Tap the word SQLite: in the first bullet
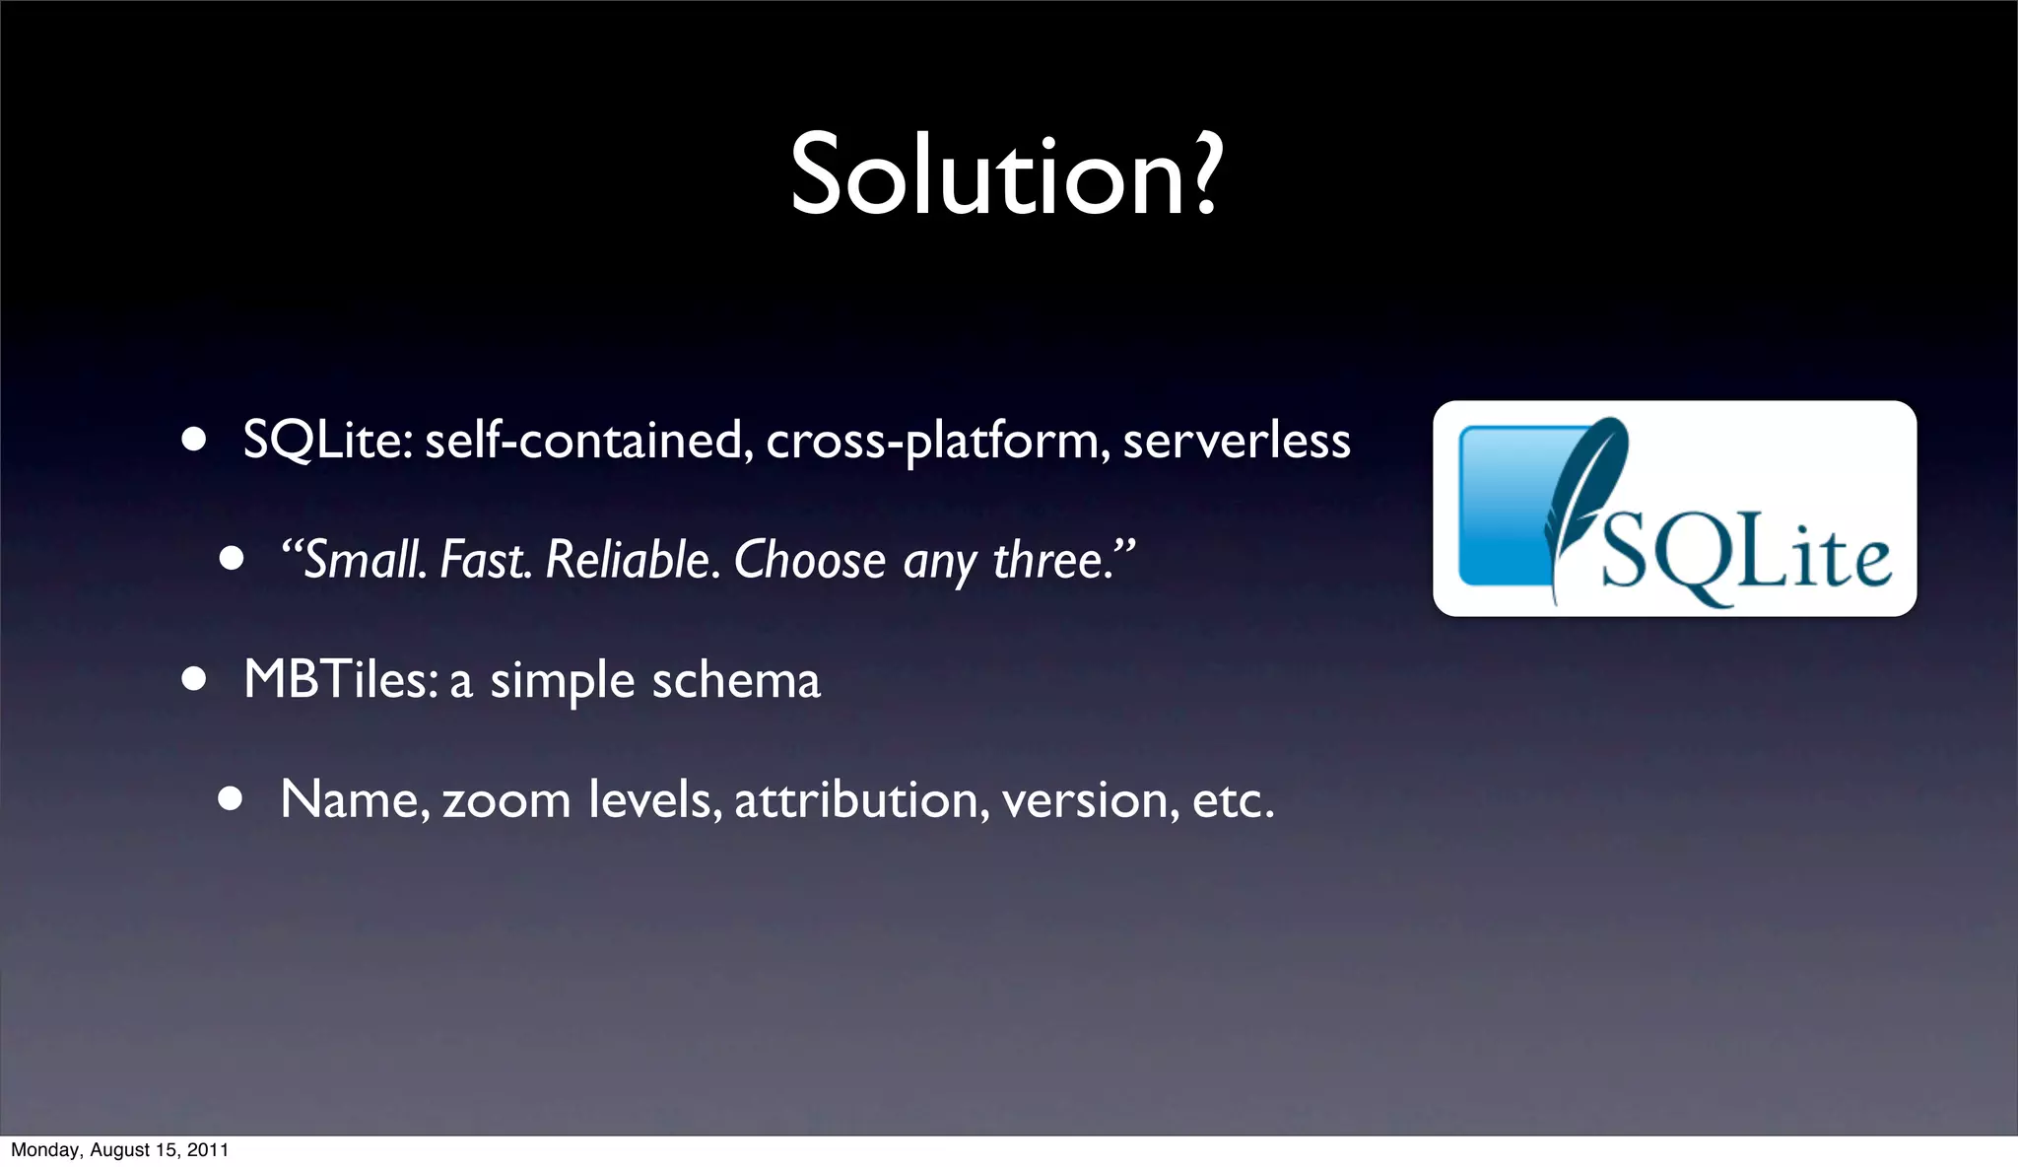pyautogui.click(x=329, y=440)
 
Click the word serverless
pyautogui.click(x=1237, y=440)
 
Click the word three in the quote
pyautogui.click(x=1046, y=560)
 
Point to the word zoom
pyautogui.click(x=506, y=800)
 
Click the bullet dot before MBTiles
pyautogui.click(x=193, y=679)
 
